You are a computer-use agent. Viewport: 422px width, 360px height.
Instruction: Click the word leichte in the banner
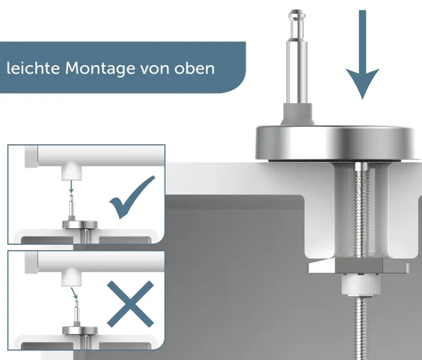point(33,68)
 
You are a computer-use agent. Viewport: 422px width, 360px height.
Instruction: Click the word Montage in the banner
point(100,69)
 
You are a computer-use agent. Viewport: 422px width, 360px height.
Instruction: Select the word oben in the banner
point(194,69)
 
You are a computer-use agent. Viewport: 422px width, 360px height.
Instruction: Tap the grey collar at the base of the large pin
point(297,114)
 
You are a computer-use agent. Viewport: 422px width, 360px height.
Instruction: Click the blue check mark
point(132,198)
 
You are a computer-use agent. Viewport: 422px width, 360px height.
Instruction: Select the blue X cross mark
point(130,304)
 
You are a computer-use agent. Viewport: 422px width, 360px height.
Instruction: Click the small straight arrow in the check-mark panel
point(71,186)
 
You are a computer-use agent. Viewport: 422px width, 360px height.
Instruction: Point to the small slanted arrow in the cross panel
point(74,293)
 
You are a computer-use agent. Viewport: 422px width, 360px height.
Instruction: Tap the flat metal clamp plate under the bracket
point(358,266)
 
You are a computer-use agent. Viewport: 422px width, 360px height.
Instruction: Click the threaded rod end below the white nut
point(361,327)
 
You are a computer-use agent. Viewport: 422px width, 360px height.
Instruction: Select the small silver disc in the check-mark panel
point(80,224)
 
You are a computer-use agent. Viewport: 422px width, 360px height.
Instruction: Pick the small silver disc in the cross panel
point(80,330)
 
